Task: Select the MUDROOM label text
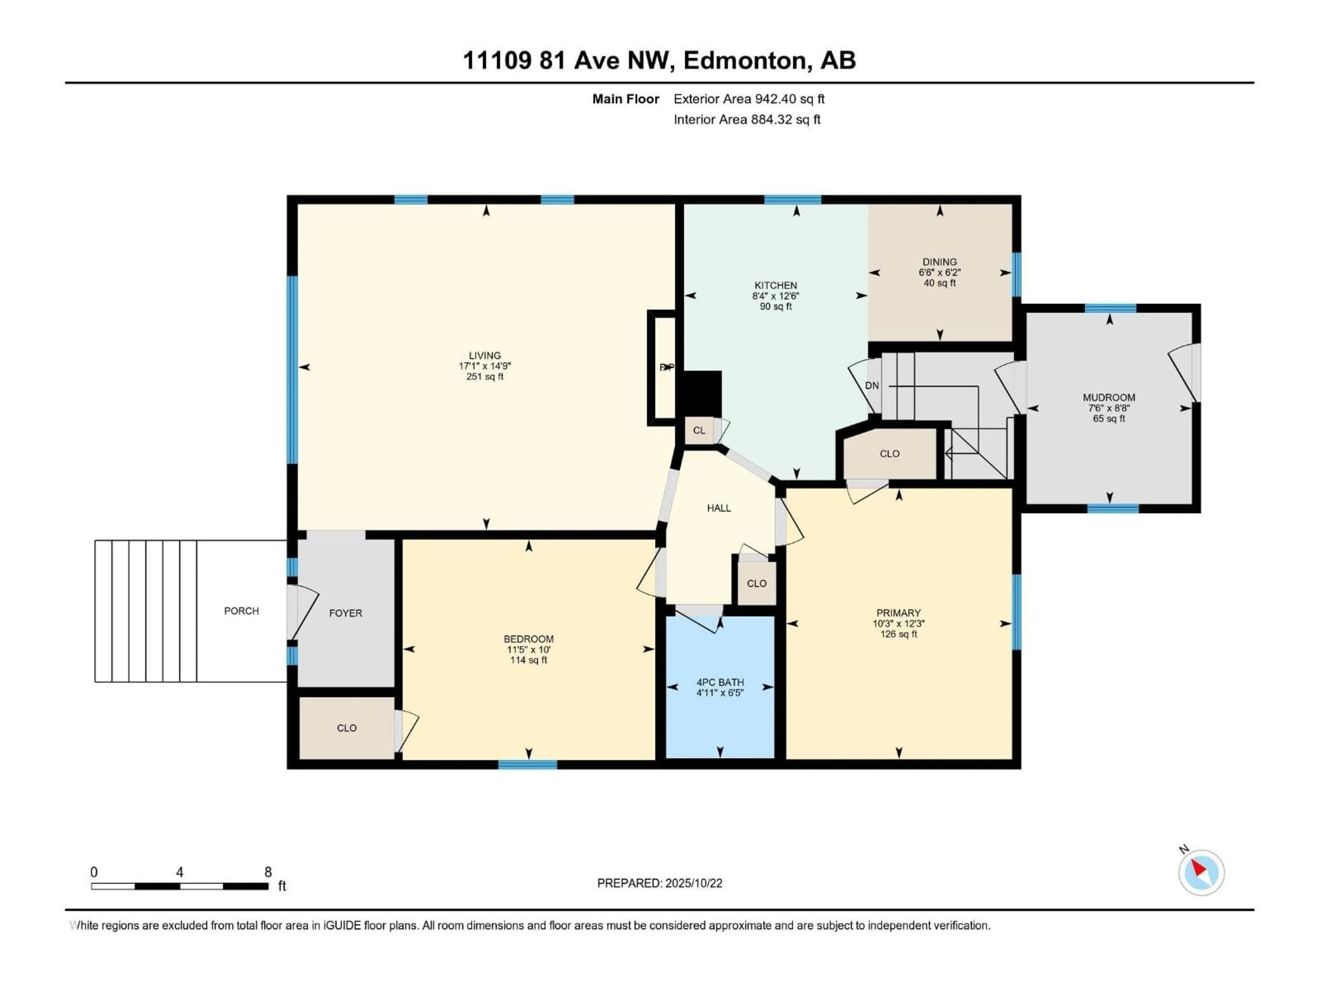pyautogui.click(x=1109, y=397)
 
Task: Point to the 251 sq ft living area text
pyautogui.click(x=485, y=376)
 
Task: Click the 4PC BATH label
pyautogui.click(x=720, y=682)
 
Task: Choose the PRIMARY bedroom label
pyautogui.click(x=898, y=613)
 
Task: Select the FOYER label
pyautogui.click(x=345, y=613)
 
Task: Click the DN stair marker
pyautogui.click(x=872, y=385)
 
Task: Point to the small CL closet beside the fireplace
pyautogui.click(x=699, y=430)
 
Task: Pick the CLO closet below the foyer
pyautogui.click(x=347, y=728)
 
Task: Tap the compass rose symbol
pyautogui.click(x=1201, y=872)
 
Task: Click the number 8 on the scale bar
pyautogui.click(x=268, y=872)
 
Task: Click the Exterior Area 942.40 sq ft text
pyautogui.click(x=749, y=99)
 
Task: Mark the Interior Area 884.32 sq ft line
pyautogui.click(x=747, y=119)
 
